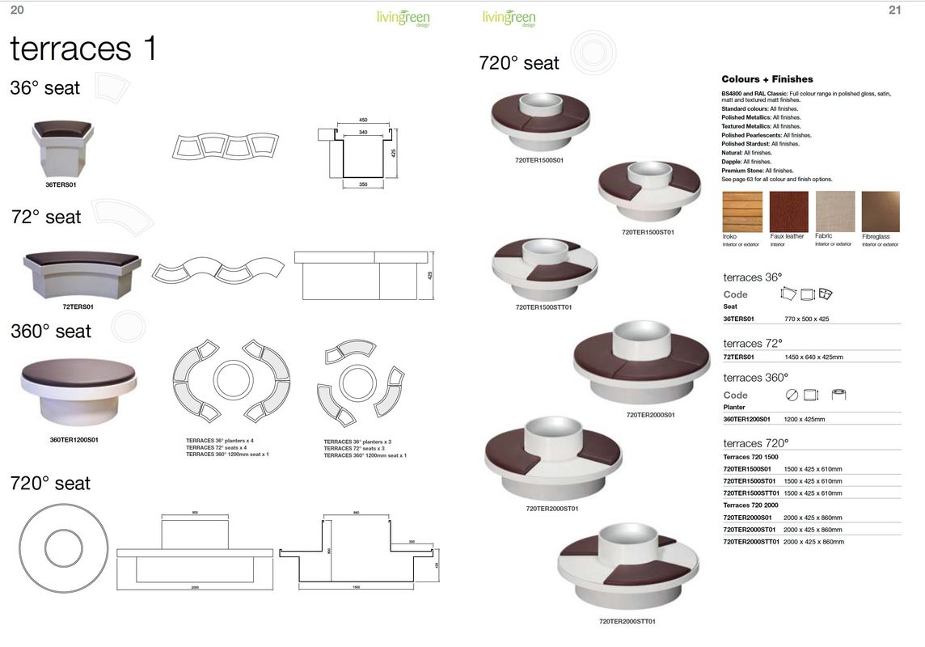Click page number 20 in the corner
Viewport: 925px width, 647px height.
[16, 11]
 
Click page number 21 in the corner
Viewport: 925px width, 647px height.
[894, 11]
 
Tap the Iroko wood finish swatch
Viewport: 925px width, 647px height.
[741, 212]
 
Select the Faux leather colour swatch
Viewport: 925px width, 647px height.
[788, 212]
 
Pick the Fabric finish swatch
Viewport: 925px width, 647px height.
[835, 212]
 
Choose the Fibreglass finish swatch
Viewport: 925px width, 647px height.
[881, 212]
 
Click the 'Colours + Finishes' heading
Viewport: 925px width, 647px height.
[767, 79]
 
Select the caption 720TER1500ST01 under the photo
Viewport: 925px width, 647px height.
[648, 232]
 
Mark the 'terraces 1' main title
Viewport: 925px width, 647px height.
[83, 49]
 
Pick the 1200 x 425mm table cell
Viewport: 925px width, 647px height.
[804, 420]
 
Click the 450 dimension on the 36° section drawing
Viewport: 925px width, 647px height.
[363, 120]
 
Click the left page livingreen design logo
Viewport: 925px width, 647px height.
[403, 18]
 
